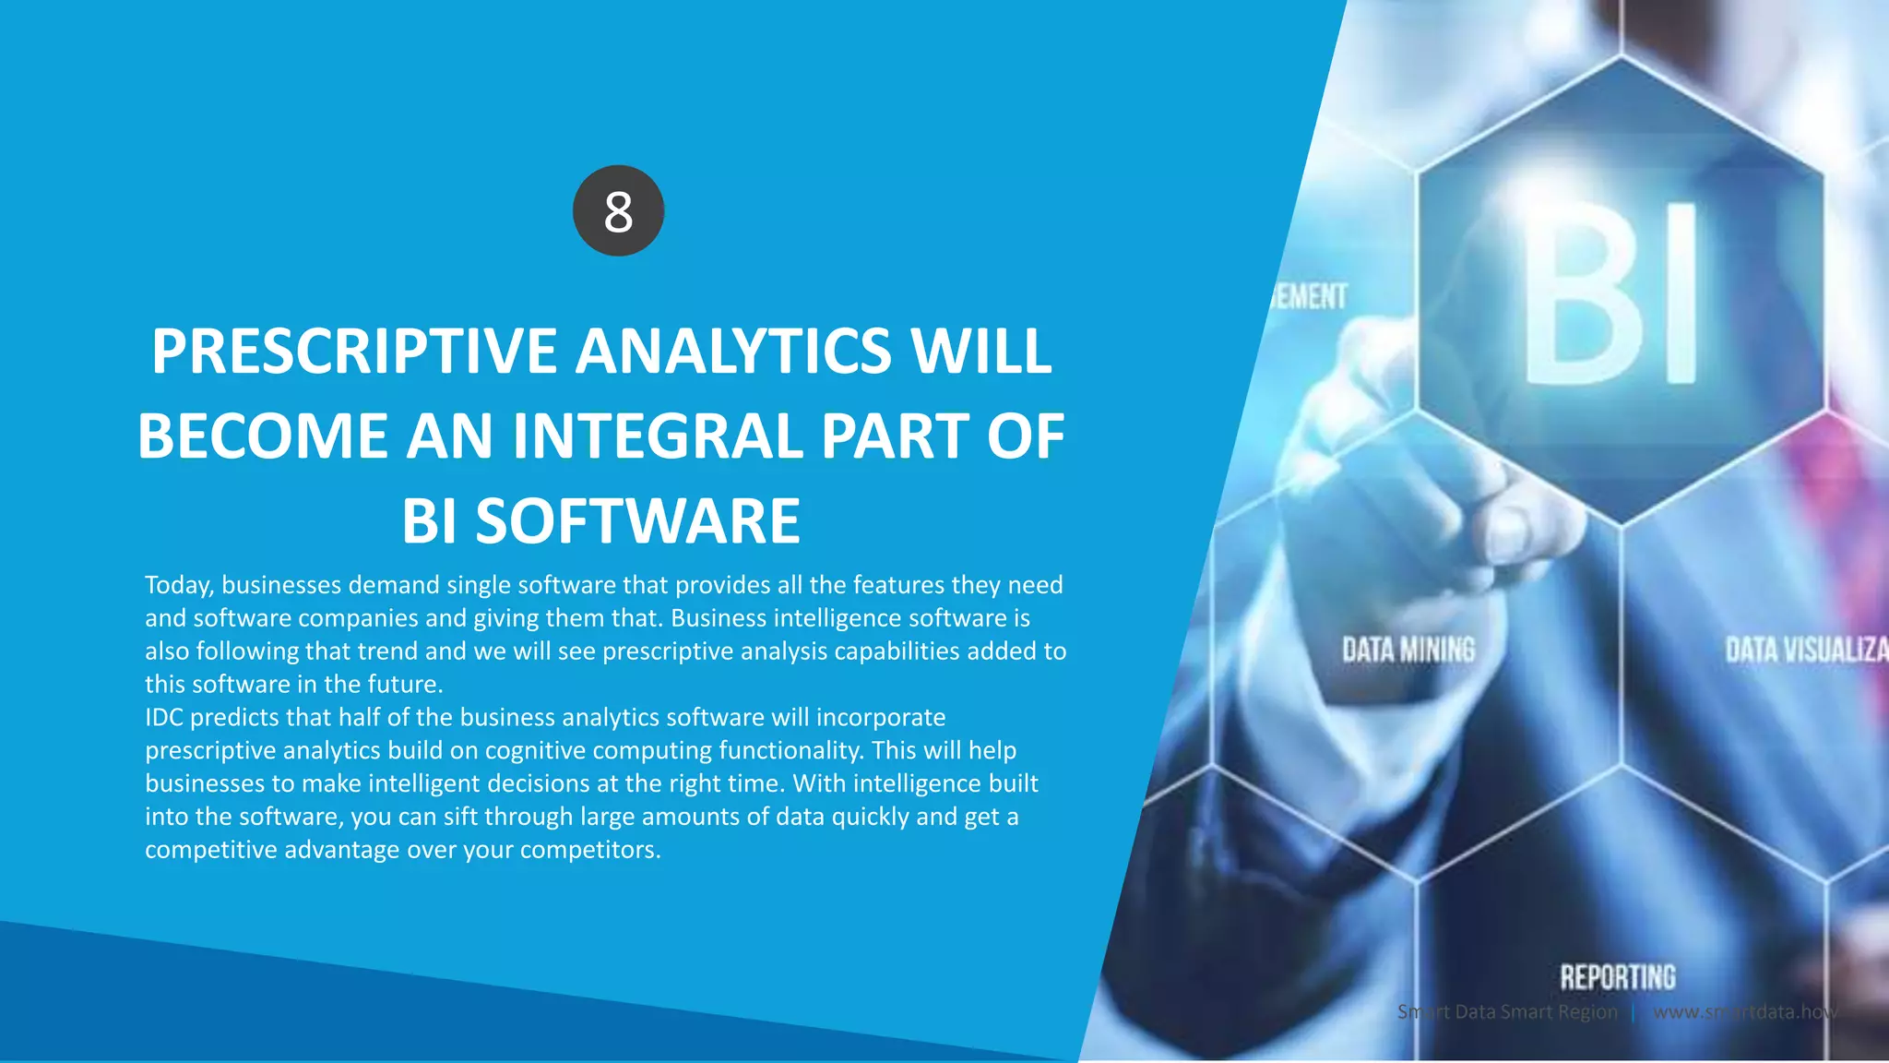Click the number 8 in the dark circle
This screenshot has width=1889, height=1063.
[618, 211]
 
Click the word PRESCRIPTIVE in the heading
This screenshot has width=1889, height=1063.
[354, 352]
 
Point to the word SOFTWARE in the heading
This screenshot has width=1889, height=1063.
[637, 520]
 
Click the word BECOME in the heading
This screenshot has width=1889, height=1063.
[263, 436]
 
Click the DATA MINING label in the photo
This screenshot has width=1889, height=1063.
[1408, 650]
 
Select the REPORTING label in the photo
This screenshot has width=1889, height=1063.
[1617, 977]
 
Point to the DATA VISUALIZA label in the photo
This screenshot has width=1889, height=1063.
[1806, 650]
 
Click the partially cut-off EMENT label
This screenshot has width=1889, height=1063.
[1310, 297]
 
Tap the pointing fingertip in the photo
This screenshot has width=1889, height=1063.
[1513, 526]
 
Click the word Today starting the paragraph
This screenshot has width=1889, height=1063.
[179, 585]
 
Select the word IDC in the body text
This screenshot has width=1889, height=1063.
[164, 717]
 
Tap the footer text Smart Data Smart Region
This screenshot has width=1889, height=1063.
[1507, 1011]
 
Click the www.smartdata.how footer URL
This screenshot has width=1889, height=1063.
[1743, 1011]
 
